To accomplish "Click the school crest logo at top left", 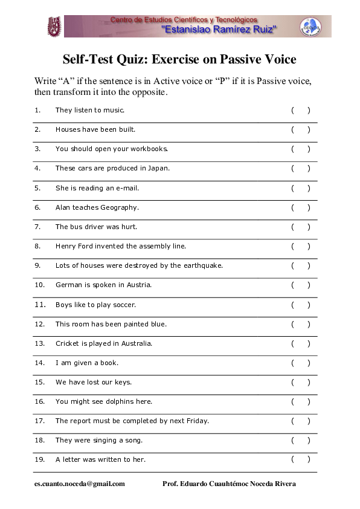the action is pyautogui.click(x=54, y=27).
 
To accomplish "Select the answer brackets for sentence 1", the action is pyautogui.click(x=300, y=111).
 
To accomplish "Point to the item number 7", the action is pyautogui.click(x=37, y=227).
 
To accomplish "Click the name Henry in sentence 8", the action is pyautogui.click(x=66, y=246).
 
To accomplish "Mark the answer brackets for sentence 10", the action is pyautogui.click(x=300, y=285).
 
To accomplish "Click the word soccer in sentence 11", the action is pyautogui.click(x=125, y=305).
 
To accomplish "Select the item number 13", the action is pyautogui.click(x=40, y=343).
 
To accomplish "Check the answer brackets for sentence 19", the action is pyautogui.click(x=300, y=459).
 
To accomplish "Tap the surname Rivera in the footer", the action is pyautogui.click(x=284, y=484).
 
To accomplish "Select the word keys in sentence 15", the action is pyautogui.click(x=123, y=382).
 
